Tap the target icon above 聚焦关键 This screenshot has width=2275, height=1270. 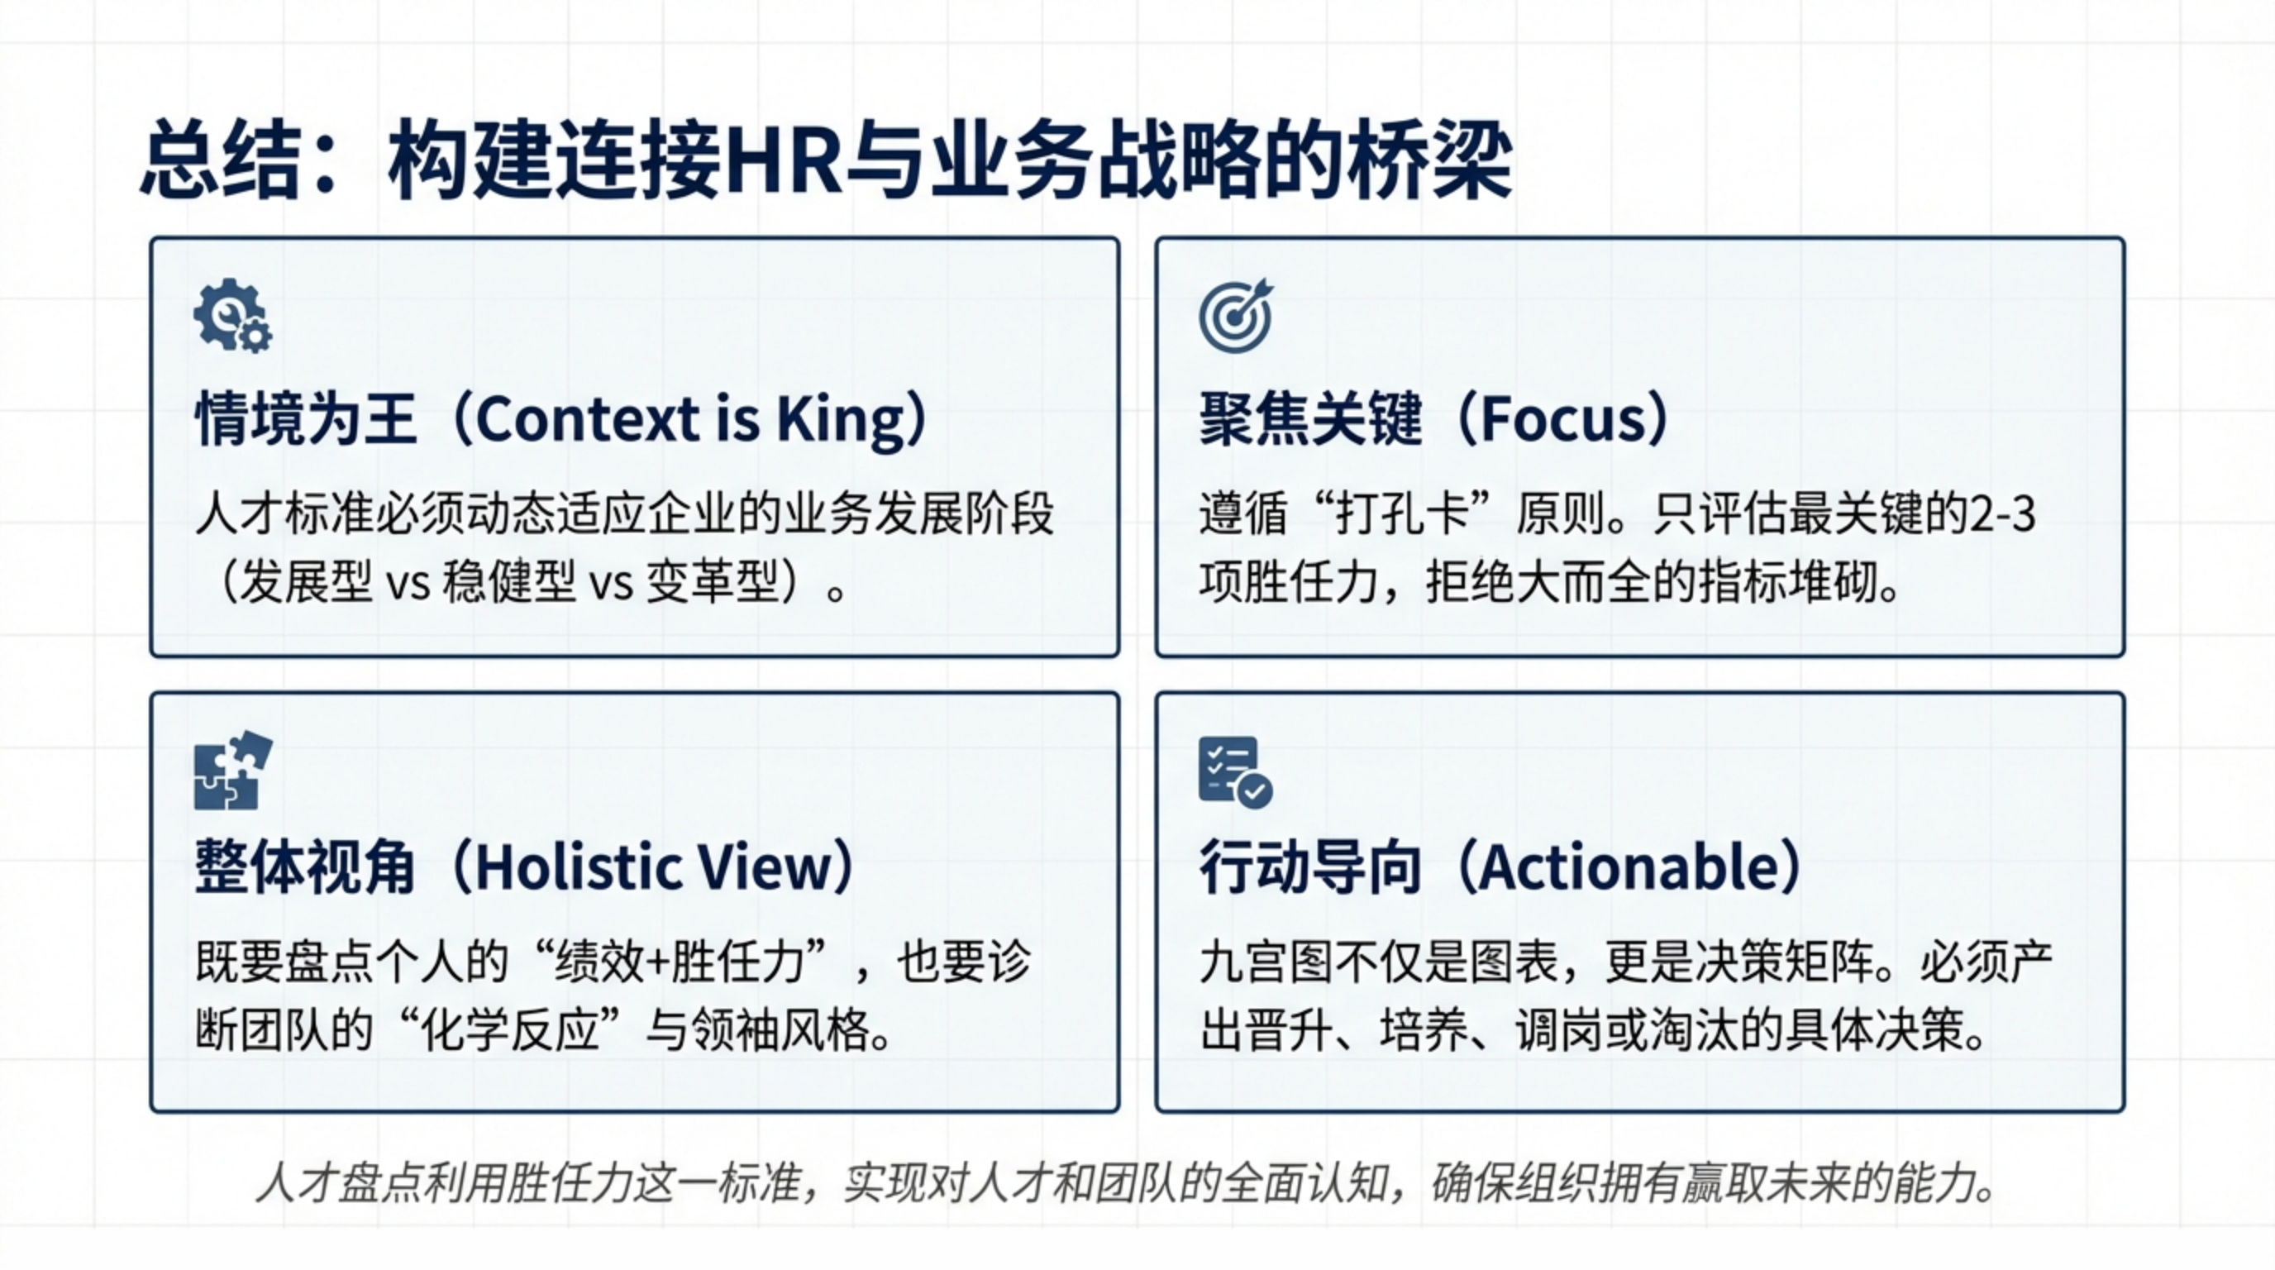pyautogui.click(x=1237, y=315)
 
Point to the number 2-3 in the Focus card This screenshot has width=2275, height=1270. pyautogui.click(x=2003, y=514)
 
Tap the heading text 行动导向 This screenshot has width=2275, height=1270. pyautogui.click(x=1309, y=867)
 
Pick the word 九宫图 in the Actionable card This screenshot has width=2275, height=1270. pyautogui.click(x=1266, y=961)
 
